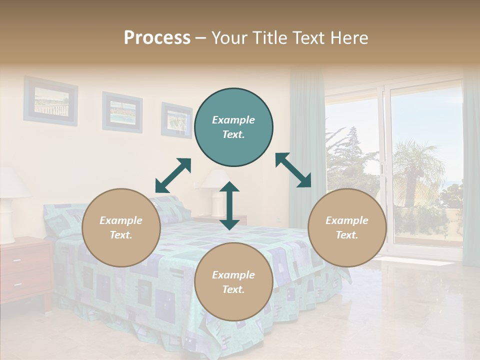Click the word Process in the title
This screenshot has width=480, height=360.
[157, 38]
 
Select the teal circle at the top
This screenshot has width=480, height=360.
[233, 127]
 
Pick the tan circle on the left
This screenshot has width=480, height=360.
[121, 227]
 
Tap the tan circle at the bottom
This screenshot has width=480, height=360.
[233, 282]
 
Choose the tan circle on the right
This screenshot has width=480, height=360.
[347, 227]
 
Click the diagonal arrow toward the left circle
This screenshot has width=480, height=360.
[173, 175]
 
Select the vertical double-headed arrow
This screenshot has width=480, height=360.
[229, 205]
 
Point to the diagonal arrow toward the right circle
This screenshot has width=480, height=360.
[293, 170]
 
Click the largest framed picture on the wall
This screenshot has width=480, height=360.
[50, 101]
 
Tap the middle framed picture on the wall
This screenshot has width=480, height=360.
[122, 112]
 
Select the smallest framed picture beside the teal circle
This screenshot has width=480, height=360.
[176, 120]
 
